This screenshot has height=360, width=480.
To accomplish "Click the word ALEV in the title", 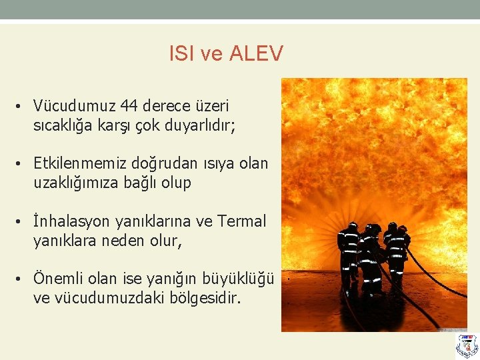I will pyautogui.click(x=256, y=53).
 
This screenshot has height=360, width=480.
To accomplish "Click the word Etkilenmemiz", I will pyautogui.click(x=77, y=163).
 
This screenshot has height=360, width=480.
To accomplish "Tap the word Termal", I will pyautogui.click(x=241, y=221).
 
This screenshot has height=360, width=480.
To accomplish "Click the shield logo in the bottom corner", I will pyautogui.click(x=467, y=345).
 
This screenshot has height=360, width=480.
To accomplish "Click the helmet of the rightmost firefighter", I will pyautogui.click(x=403, y=229).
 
